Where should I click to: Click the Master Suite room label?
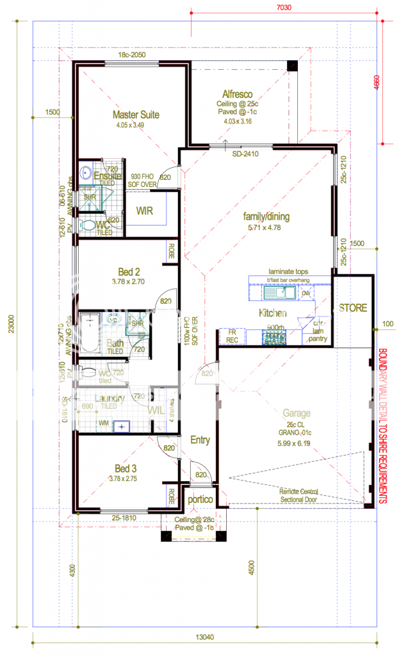[x=136, y=115]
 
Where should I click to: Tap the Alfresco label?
[x=236, y=93]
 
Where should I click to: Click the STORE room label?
[x=353, y=308]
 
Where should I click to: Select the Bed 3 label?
[x=132, y=467]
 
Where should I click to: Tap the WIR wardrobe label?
[x=145, y=211]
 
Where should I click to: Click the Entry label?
[x=200, y=440]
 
